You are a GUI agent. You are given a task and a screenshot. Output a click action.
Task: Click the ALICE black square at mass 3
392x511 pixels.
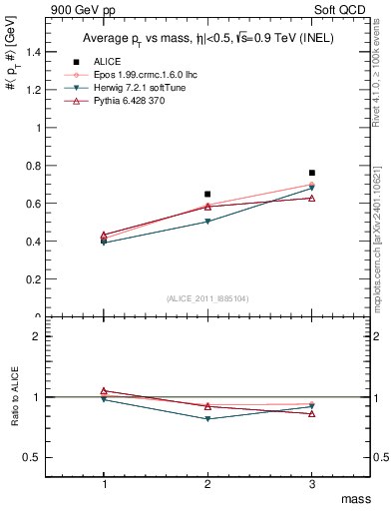click(x=312, y=173)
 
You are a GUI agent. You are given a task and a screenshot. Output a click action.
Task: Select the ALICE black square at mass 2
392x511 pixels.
click(x=207, y=194)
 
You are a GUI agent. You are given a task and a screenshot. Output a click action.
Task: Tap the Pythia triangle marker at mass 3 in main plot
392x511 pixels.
click(x=312, y=198)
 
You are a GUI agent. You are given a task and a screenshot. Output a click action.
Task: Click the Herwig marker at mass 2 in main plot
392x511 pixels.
click(x=207, y=222)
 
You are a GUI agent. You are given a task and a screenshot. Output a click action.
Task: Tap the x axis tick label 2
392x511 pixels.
click(x=207, y=483)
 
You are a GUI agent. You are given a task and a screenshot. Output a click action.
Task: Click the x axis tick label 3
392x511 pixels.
click(x=312, y=483)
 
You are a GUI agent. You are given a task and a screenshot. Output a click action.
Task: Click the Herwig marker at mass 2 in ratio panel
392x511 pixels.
click(x=207, y=418)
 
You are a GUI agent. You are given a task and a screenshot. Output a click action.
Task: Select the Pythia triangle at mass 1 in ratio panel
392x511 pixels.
click(x=103, y=391)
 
